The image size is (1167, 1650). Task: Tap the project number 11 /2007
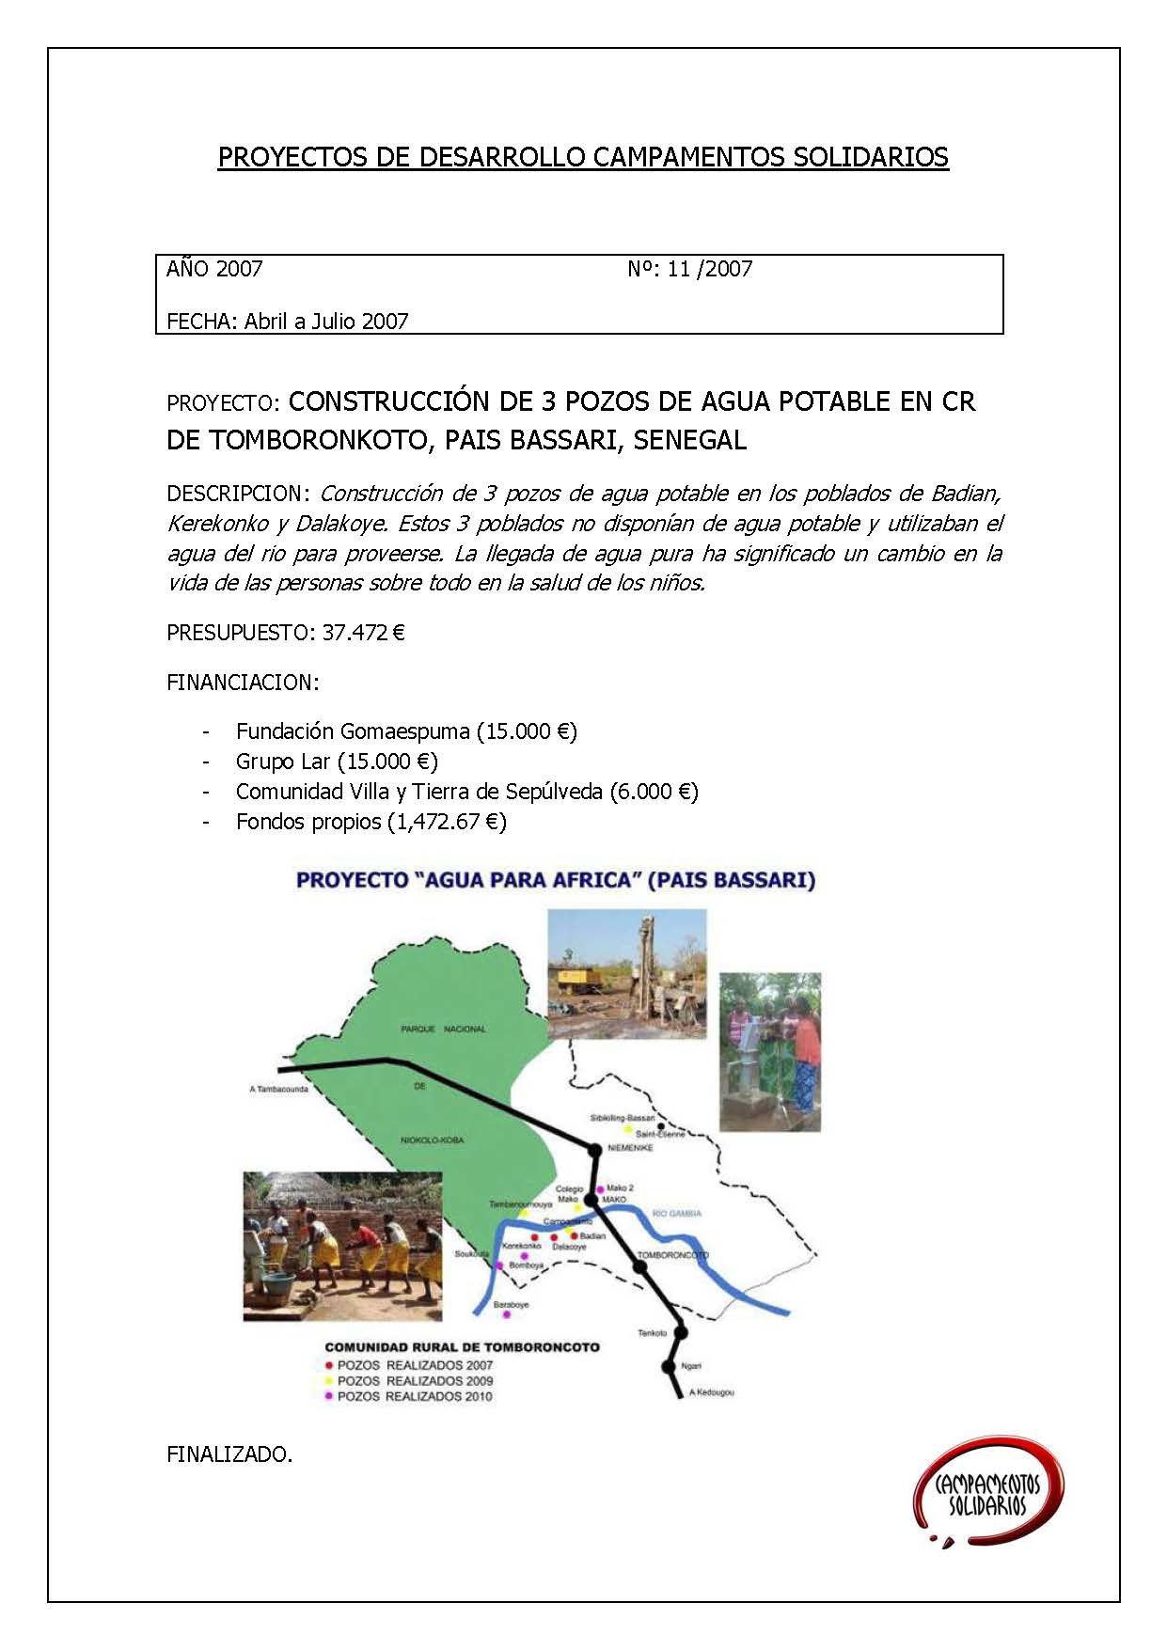[x=709, y=269]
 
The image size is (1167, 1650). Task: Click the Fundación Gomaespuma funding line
[x=406, y=731]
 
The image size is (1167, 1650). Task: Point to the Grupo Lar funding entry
[x=337, y=762]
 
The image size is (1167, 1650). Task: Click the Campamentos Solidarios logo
[x=987, y=1494]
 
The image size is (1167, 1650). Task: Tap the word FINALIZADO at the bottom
[x=229, y=1454]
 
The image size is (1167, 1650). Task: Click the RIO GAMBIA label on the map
[x=677, y=1214]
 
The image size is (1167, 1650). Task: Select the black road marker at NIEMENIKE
[x=594, y=1150]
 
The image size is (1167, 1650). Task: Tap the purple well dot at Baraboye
[x=508, y=1315]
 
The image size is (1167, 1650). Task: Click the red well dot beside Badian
[x=574, y=1235]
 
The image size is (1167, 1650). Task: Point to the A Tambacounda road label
[x=279, y=1090]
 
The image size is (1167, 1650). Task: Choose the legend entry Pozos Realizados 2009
[x=415, y=1381]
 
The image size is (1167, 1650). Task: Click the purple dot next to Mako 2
[x=601, y=1189]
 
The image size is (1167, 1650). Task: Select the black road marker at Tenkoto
[x=681, y=1333]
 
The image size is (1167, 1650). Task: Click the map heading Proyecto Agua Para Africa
[x=555, y=881]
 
